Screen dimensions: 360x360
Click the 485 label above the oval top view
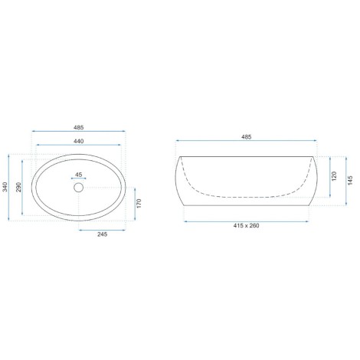pyautogui.click(x=79, y=127)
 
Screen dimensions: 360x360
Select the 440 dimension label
pyautogui.click(x=79, y=141)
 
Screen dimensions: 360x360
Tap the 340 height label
pyautogui.click(x=5, y=187)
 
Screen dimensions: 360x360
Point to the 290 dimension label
pyautogui.click(x=18, y=187)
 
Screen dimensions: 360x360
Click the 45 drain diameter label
pyautogui.click(x=79, y=175)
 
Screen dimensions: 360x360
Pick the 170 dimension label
pyautogui.click(x=139, y=204)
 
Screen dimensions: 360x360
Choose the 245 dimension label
pyautogui.click(x=103, y=234)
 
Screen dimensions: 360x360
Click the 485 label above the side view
pyautogui.click(x=247, y=137)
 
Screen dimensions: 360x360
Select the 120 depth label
pyautogui.click(x=334, y=176)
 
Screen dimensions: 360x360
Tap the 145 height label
pyautogui.click(x=350, y=180)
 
